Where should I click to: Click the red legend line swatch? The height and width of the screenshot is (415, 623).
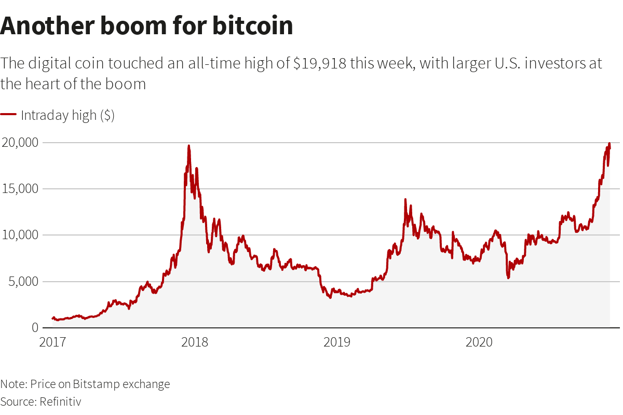tap(8, 115)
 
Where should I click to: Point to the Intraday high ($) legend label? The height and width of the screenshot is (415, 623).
tap(67, 115)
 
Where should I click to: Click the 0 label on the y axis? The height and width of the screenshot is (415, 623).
tap(35, 328)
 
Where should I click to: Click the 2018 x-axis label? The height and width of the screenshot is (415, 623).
tap(195, 342)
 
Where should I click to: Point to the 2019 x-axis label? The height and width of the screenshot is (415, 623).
tap(337, 342)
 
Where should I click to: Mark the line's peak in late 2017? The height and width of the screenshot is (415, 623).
tap(188, 146)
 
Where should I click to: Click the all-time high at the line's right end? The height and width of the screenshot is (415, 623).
tap(609, 144)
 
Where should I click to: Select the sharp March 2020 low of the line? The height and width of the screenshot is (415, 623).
tap(508, 278)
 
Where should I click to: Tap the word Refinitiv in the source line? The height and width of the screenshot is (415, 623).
tap(60, 402)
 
